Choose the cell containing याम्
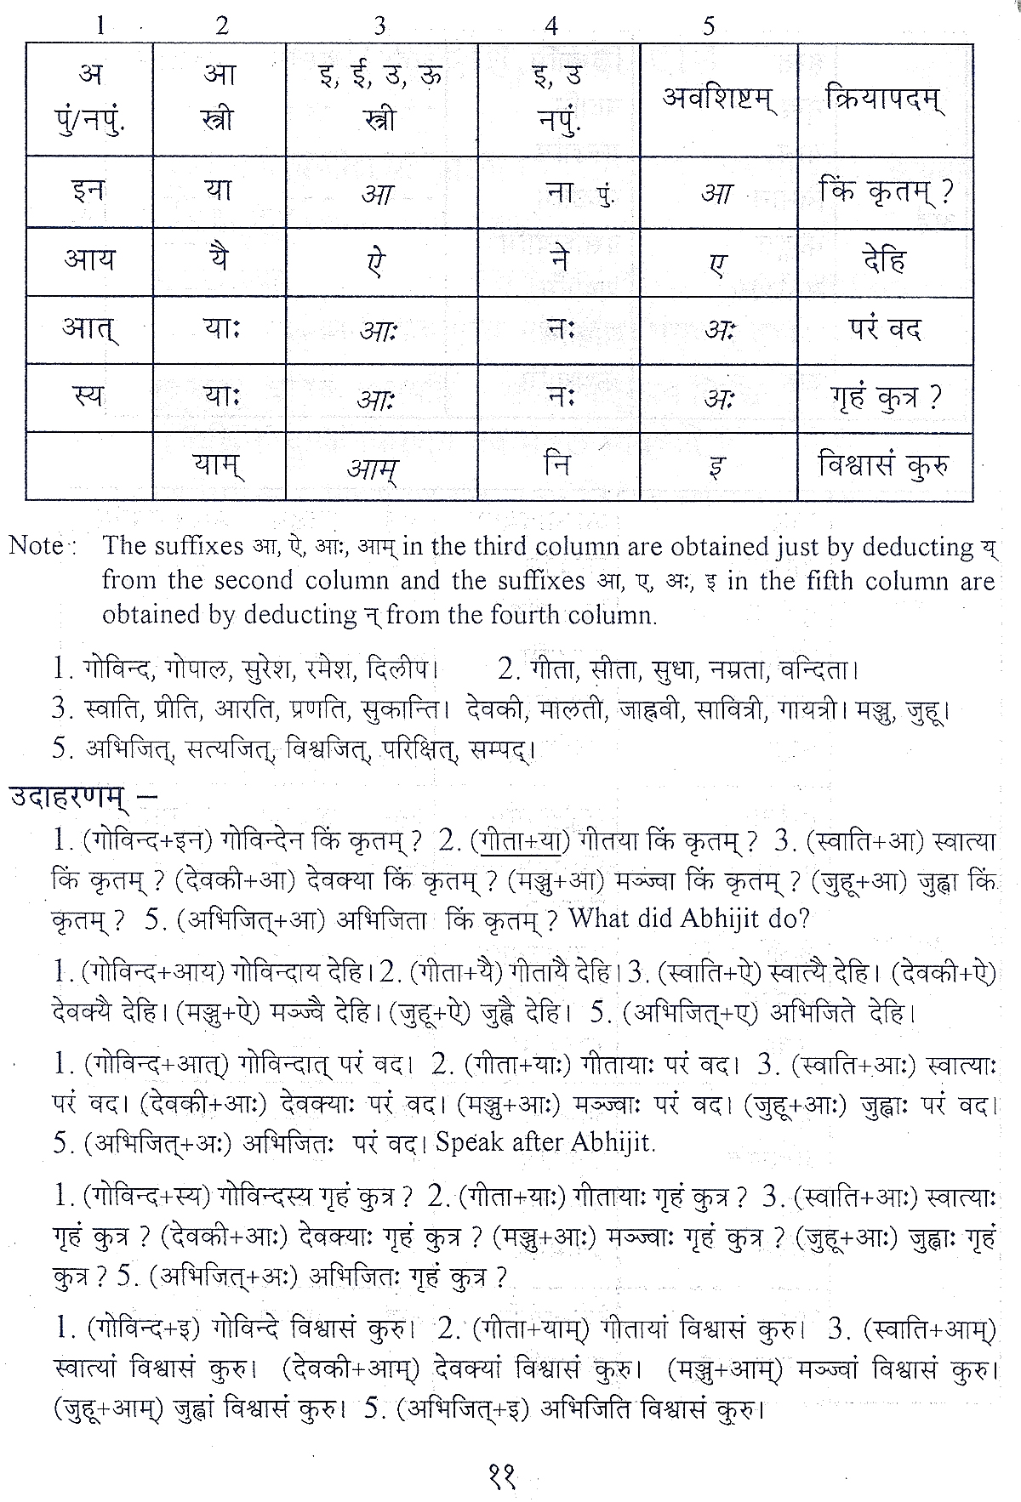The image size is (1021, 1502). [219, 465]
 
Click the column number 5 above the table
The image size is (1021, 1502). [709, 26]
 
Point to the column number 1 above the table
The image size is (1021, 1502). [100, 26]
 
